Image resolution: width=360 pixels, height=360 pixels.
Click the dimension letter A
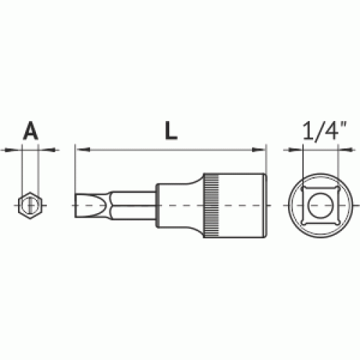click(x=30, y=130)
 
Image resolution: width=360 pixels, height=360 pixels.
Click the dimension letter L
click(x=171, y=130)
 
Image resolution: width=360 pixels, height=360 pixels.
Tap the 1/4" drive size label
click(x=325, y=130)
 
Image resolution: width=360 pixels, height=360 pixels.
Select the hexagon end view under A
click(x=30, y=205)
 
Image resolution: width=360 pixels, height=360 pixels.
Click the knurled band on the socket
click(x=211, y=205)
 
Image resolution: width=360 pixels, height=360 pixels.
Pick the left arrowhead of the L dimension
click(x=83, y=150)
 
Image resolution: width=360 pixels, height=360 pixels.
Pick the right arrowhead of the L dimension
click(x=258, y=150)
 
